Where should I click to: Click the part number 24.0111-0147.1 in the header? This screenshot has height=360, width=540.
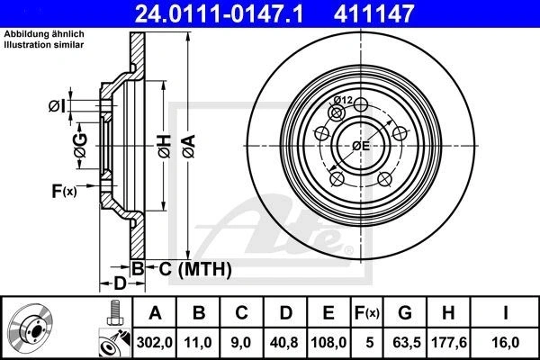[219, 13]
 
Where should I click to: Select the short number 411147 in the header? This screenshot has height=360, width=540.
[373, 13]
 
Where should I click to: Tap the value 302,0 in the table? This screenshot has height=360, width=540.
[154, 342]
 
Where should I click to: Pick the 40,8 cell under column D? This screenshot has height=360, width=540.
[284, 342]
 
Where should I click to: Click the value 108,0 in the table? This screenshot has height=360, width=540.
[328, 342]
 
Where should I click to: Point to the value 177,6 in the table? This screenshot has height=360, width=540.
[449, 342]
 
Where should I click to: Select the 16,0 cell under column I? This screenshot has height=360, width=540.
[506, 342]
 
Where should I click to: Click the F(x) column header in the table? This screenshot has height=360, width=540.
[367, 313]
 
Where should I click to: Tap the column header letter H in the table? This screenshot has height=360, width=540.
[448, 313]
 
